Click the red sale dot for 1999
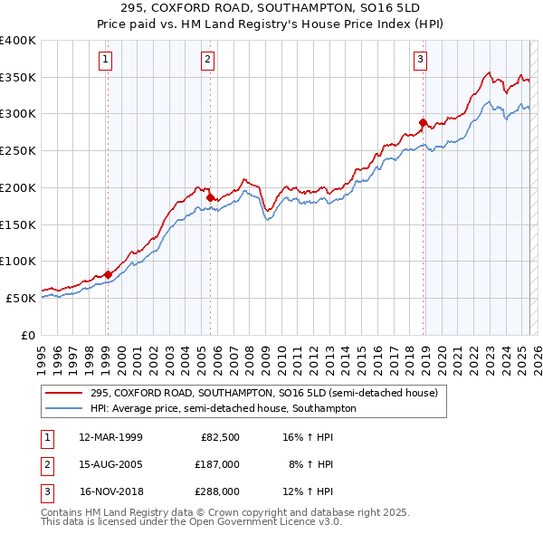(108, 274)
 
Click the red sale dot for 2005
(210, 197)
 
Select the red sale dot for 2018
(423, 122)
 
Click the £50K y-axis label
(21, 298)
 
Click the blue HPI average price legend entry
(223, 408)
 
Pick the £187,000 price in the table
(217, 464)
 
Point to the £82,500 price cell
(220, 437)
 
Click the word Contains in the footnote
(63, 512)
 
